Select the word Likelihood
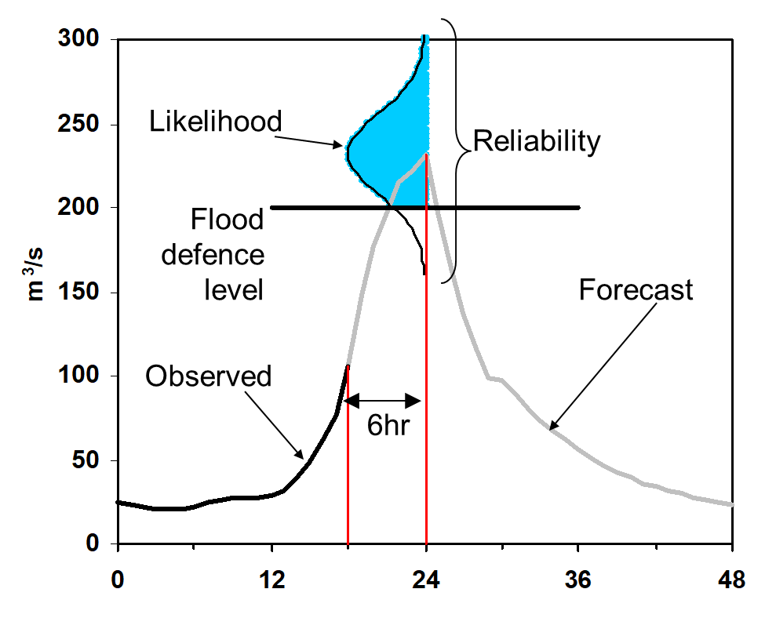tap(215, 122)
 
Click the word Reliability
tap(537, 142)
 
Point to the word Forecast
tap(636, 290)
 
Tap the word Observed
tap(209, 376)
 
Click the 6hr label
tap(388, 428)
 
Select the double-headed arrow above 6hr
tap(384, 402)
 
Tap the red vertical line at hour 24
tap(426, 392)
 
